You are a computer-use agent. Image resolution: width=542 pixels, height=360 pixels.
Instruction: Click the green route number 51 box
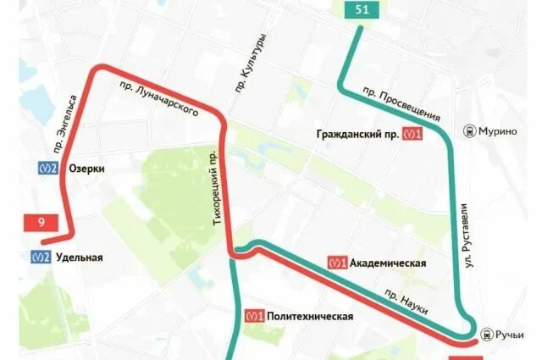(x=362, y=10)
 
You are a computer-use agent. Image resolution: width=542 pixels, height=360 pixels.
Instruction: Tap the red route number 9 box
(x=41, y=223)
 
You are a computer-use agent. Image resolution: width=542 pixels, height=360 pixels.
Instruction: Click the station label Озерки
(x=87, y=169)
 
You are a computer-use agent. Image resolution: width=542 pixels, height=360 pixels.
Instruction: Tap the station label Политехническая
(x=309, y=316)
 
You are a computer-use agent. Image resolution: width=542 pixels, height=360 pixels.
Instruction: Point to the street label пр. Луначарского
(x=160, y=98)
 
